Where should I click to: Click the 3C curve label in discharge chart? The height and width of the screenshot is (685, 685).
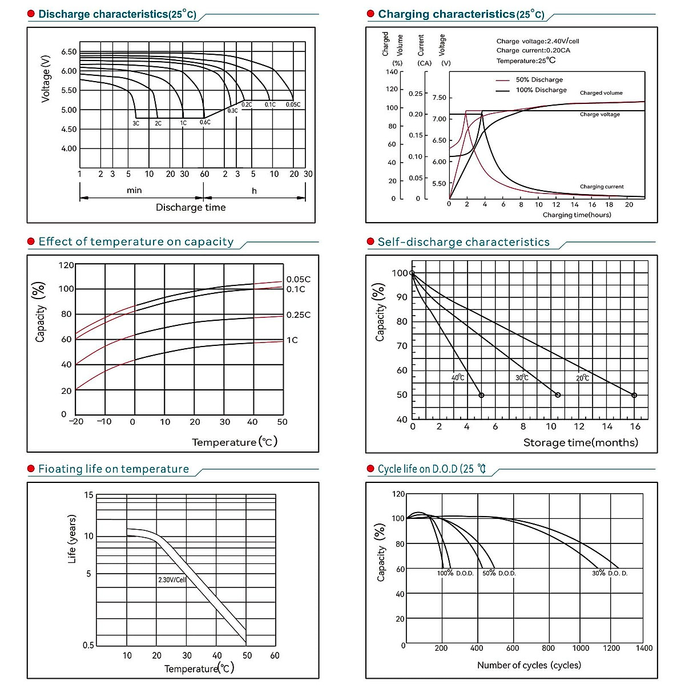coord(136,123)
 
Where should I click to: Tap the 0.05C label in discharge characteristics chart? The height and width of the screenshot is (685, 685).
coord(293,105)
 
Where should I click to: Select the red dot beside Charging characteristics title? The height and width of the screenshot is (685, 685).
coord(370,14)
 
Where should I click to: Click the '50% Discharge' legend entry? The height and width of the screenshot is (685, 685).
coord(539,80)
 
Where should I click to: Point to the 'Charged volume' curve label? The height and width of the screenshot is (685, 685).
coord(601,93)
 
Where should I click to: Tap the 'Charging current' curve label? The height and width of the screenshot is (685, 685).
coord(602,187)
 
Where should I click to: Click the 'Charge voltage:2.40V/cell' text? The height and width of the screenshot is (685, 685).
coord(538,41)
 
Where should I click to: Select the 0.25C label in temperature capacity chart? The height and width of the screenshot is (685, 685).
coord(299,315)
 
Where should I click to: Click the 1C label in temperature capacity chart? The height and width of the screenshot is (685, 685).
coord(292,340)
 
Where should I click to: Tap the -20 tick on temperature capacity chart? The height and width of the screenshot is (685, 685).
coord(76,422)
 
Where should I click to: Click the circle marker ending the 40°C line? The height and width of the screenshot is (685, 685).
coord(481,395)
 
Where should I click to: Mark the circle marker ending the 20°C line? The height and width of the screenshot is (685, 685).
coord(634,395)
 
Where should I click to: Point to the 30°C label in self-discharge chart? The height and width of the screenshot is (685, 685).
coord(522,378)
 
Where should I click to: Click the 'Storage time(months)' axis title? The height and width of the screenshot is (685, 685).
coord(581,442)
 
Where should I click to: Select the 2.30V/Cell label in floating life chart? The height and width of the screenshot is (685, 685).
coord(172,580)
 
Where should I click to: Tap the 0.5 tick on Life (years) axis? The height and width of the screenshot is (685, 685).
coord(88,646)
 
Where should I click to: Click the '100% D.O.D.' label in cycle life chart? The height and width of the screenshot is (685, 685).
coord(456,573)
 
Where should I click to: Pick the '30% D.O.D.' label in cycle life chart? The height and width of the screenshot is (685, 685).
coord(610,573)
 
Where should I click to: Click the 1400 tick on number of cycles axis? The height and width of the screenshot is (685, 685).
coord(644,648)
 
